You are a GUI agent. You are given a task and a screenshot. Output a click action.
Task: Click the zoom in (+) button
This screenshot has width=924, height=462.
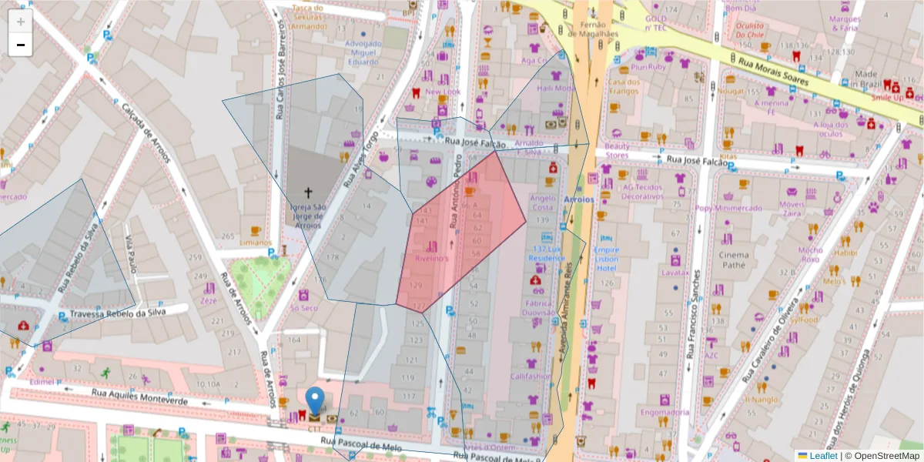coord(21,21)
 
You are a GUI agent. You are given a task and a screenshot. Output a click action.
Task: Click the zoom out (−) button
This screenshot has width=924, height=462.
coord(21,45)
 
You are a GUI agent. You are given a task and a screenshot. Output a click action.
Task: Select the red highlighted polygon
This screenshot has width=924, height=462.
coord(462,231)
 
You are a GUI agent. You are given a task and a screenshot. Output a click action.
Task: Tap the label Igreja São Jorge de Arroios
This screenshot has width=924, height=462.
coord(309,216)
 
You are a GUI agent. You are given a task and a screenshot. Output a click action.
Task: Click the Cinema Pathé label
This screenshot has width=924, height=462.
coord(734,260)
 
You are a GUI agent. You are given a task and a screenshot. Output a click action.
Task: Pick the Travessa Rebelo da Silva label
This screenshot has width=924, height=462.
coord(118,313)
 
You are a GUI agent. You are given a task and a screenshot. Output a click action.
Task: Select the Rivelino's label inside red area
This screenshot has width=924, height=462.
coord(432,259)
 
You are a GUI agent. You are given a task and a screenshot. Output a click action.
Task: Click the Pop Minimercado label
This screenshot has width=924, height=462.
coord(728,208)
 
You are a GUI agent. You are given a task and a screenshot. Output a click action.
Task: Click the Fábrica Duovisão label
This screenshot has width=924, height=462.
coord(538,308)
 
